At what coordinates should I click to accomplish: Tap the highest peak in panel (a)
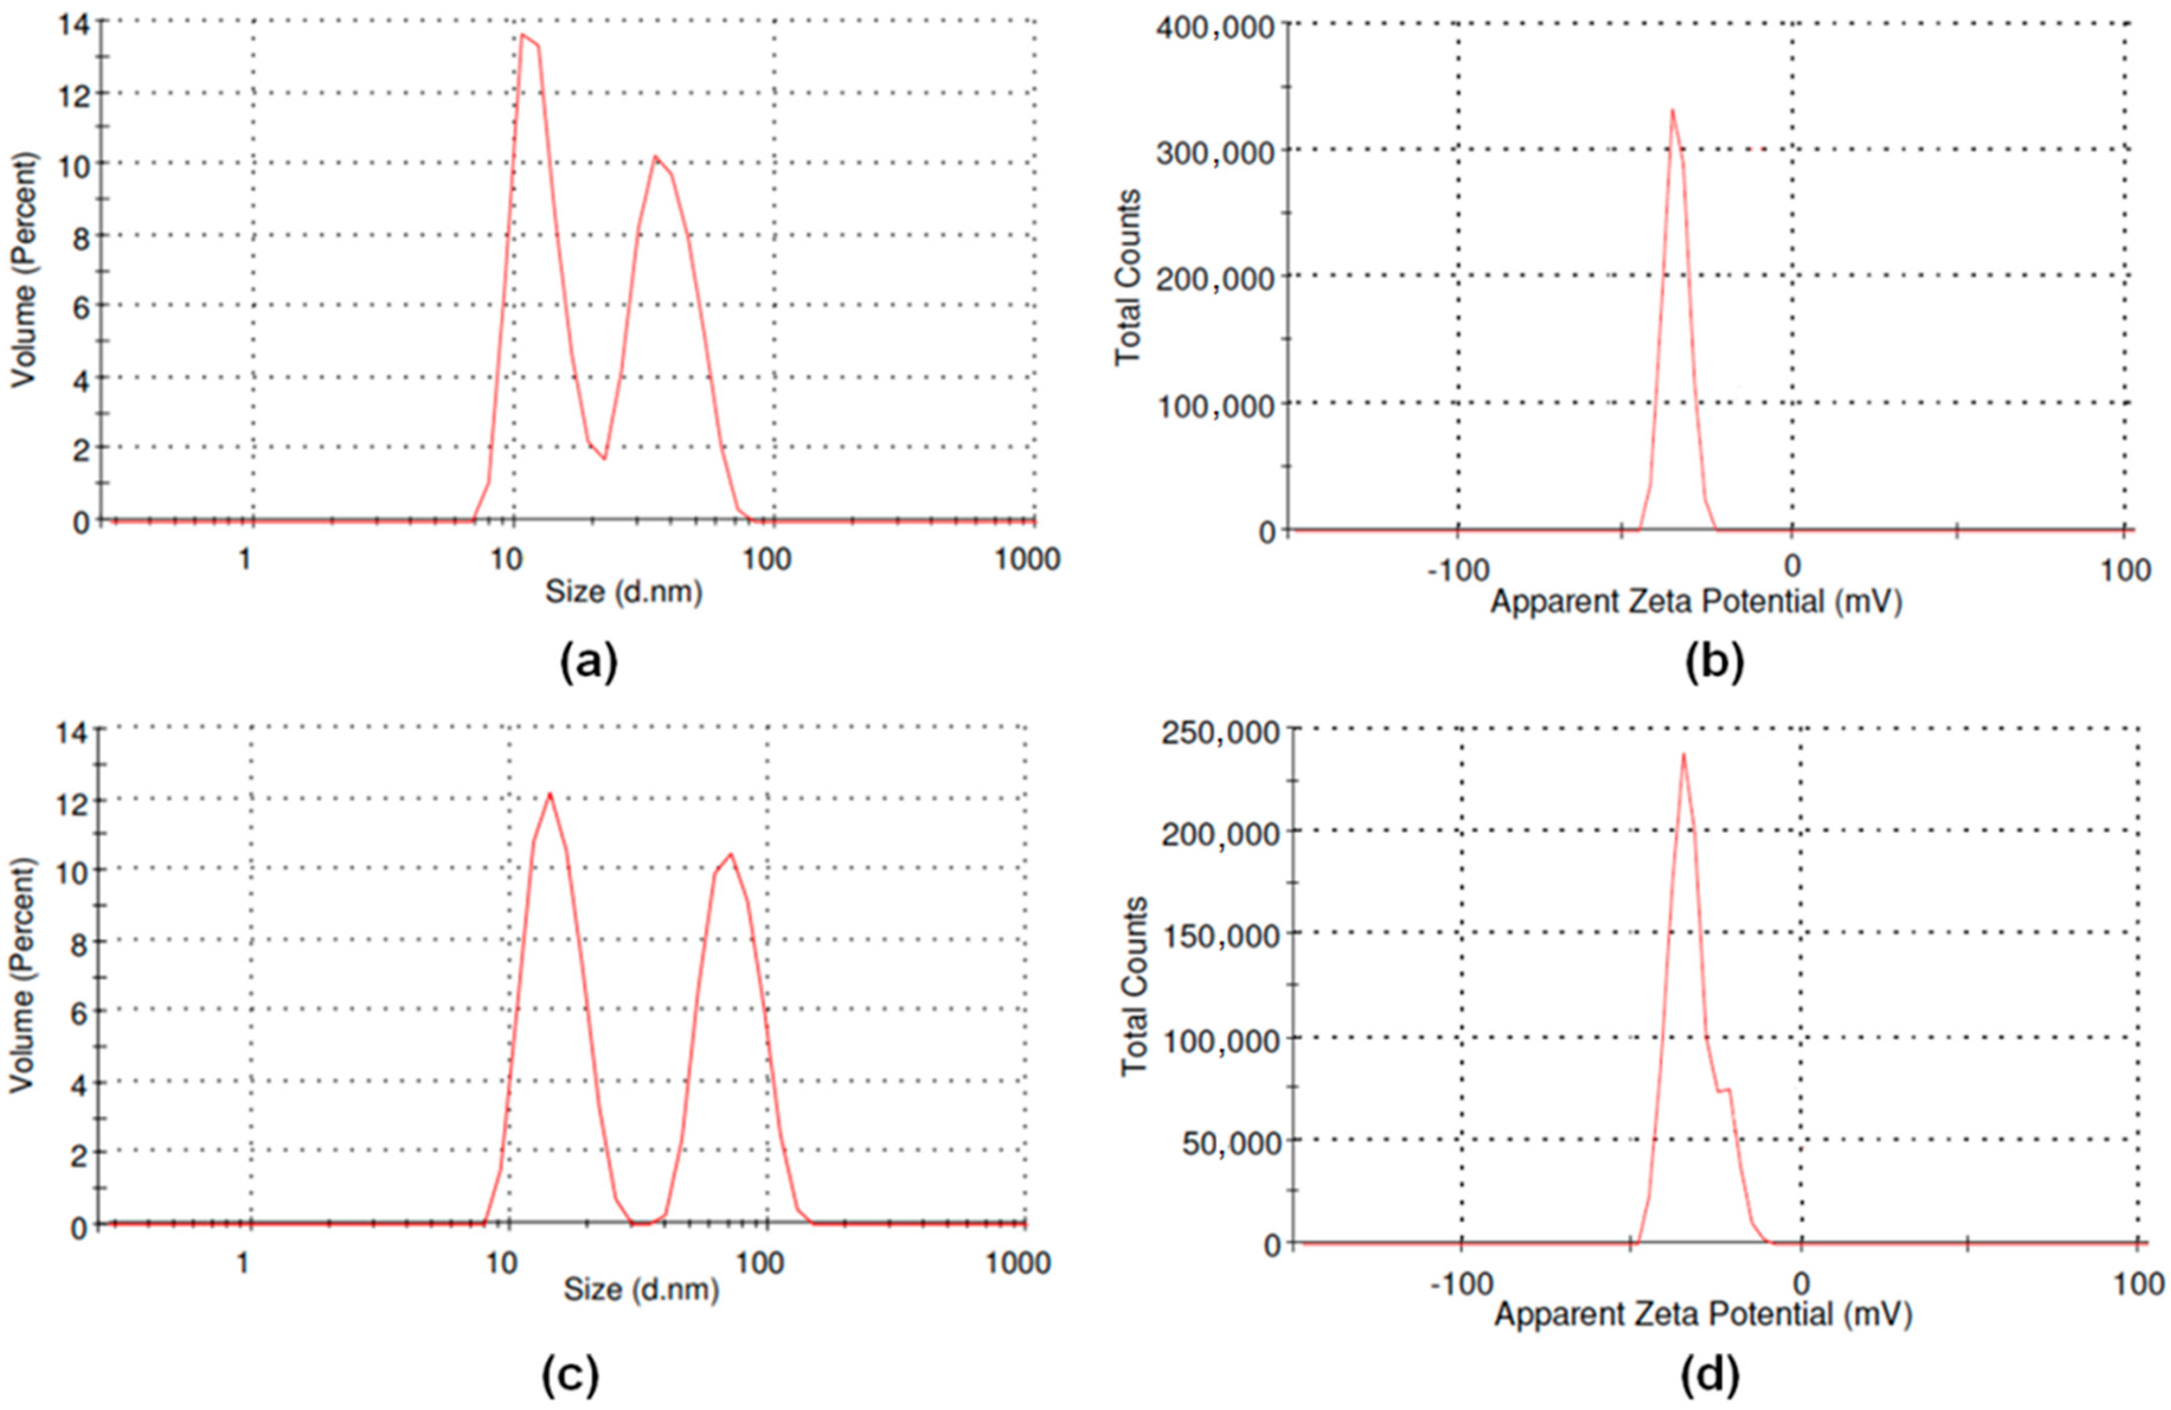[x=522, y=36]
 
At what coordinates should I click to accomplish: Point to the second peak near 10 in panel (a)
[x=655, y=157]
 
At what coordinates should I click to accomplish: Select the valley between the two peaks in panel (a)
[x=604, y=458]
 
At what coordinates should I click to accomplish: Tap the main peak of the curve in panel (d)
[x=1683, y=753]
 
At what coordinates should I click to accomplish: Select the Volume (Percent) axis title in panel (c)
[x=23, y=976]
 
